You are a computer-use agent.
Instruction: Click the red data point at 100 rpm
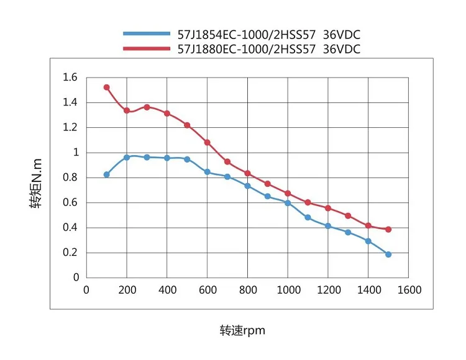coord(106,87)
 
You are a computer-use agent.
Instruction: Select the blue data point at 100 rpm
coord(106,174)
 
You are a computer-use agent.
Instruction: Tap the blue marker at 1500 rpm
coord(388,254)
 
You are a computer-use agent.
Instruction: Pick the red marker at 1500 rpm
coord(388,229)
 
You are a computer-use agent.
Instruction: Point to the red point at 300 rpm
coord(147,107)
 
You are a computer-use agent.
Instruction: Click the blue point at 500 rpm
coord(187,159)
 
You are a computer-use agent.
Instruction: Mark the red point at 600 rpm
coord(207,142)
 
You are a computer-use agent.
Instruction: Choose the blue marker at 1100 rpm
coord(308,217)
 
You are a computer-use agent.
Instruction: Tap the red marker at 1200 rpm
coord(328,208)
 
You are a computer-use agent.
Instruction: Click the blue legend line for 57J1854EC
coord(146,34)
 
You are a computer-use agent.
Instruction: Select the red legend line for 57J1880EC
coord(146,48)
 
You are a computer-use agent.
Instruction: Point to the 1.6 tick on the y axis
coord(70,78)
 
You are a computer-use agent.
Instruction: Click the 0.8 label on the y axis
coord(70,178)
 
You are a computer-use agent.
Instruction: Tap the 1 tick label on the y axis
coord(75,153)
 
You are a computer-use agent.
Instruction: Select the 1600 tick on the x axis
coord(409,290)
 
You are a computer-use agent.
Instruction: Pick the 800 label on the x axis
coord(247,290)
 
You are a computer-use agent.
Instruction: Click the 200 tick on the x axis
coord(127,290)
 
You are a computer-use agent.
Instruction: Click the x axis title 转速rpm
coord(242,330)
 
